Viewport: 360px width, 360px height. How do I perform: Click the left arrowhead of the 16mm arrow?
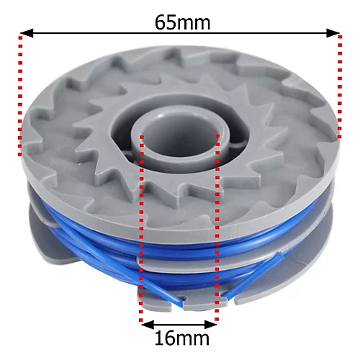(x=145, y=323)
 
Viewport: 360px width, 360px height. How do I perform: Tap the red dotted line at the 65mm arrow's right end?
(x=339, y=86)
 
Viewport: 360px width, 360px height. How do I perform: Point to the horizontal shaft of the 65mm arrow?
(x=180, y=33)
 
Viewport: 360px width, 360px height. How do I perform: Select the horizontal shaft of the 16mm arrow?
(x=180, y=323)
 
